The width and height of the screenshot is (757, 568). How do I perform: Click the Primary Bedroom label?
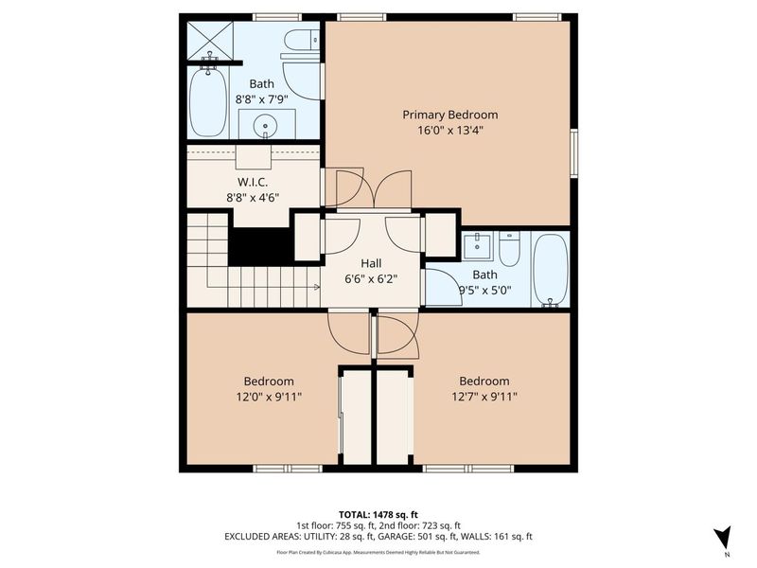(x=449, y=115)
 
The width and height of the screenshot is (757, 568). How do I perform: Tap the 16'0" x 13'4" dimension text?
(x=449, y=132)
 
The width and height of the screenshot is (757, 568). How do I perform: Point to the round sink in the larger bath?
(x=266, y=123)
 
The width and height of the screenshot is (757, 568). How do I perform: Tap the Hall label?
(x=371, y=263)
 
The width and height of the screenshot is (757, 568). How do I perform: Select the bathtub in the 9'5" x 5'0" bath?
(x=550, y=269)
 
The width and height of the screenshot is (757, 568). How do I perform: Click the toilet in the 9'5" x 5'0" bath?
(x=509, y=250)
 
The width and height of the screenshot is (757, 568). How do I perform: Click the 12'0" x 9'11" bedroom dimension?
(x=268, y=398)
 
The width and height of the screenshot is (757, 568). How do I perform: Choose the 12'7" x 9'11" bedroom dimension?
(x=484, y=398)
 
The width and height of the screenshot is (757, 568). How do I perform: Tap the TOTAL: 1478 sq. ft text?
(x=378, y=514)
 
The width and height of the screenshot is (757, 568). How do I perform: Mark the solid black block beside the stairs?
(x=261, y=247)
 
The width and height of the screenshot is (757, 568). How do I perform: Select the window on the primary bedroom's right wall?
(x=574, y=152)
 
